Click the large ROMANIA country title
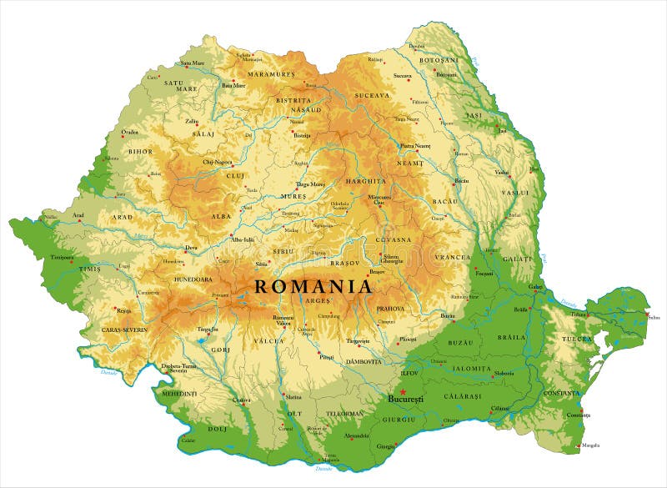313,286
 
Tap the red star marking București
403,392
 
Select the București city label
406,400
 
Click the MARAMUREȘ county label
270,75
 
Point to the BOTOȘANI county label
439,60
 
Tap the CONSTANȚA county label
562,393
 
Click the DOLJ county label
218,429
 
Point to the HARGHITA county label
367,181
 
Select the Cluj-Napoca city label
218,162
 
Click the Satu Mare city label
193,63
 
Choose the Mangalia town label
591,445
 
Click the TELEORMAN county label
344,414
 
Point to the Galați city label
534,286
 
